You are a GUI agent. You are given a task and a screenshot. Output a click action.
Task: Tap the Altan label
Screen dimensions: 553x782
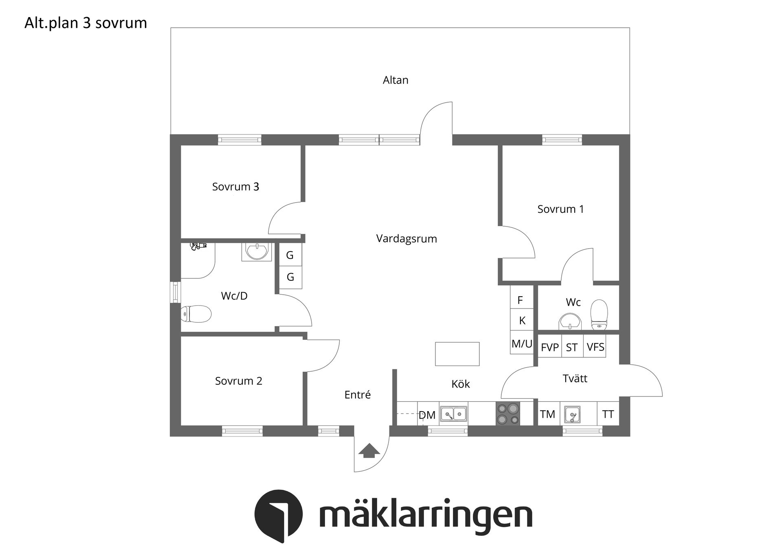[x=395, y=80]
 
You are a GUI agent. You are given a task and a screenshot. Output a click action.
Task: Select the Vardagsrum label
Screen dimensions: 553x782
[x=406, y=239]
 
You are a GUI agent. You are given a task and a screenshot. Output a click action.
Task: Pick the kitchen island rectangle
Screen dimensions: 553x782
[x=457, y=354]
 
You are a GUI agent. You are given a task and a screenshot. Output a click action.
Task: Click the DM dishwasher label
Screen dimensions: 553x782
[x=427, y=415]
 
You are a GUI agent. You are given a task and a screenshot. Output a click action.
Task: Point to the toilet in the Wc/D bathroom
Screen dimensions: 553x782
[x=197, y=314]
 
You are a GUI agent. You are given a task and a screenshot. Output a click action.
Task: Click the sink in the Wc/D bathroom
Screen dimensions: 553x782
[x=257, y=251]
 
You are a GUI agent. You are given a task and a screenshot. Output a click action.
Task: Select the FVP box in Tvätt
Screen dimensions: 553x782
[x=549, y=347]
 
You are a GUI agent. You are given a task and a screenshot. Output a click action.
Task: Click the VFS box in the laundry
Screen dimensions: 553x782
[x=595, y=347]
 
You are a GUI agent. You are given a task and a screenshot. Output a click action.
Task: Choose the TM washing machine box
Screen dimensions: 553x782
[x=548, y=414]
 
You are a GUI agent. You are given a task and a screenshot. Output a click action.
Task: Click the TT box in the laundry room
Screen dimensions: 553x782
[x=608, y=414]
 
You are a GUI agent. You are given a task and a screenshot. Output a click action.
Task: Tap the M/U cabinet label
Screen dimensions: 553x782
[x=522, y=344]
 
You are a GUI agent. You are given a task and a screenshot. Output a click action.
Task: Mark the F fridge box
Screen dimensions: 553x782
[x=521, y=300]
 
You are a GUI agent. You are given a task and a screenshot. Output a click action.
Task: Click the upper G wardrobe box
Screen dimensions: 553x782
[x=290, y=255]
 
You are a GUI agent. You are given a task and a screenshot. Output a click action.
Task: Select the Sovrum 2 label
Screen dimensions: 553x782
[x=239, y=381]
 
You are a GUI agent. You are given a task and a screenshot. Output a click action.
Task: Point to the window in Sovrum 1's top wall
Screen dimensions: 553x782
[x=562, y=140]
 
